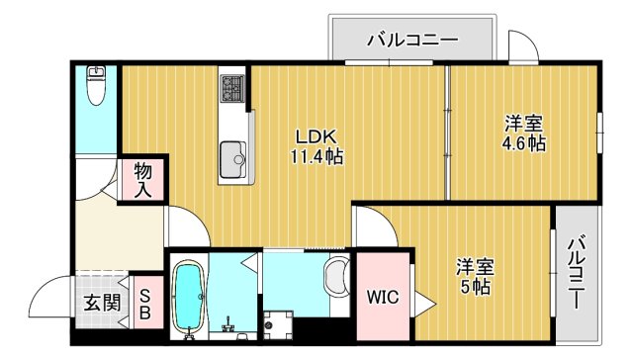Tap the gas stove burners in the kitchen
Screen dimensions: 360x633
pyautogui.click(x=232, y=87)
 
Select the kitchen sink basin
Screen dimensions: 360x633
pyautogui.click(x=233, y=156)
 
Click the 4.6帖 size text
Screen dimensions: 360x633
pyautogui.click(x=522, y=143)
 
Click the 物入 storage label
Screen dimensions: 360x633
pyautogui.click(x=143, y=179)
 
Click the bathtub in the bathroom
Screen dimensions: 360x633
pyautogui.click(x=187, y=296)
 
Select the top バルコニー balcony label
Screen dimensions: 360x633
pyautogui.click(x=411, y=41)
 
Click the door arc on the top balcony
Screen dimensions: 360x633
pyautogui.click(x=522, y=46)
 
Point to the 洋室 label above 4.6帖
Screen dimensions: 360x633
pyautogui.click(x=522, y=124)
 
